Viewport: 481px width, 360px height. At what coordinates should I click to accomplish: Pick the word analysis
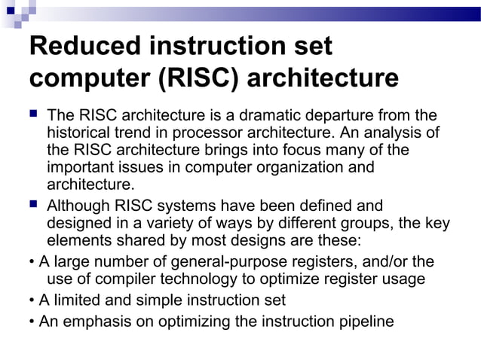point(398,133)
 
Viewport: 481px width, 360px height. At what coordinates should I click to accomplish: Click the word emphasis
point(92,322)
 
